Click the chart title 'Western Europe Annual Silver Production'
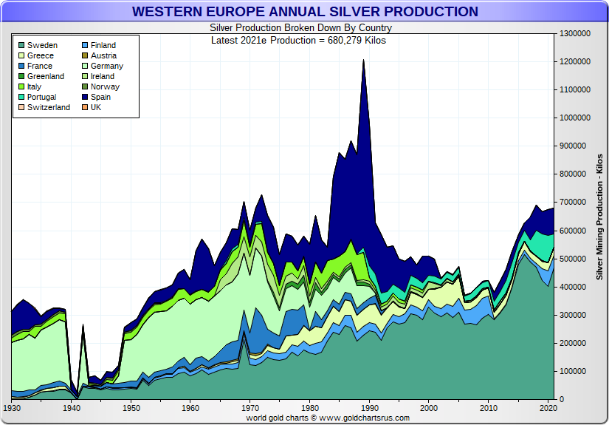[305, 12]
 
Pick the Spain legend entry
[101, 97]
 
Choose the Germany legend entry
[107, 66]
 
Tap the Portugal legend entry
[41, 97]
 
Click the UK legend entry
[96, 107]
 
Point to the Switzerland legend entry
[48, 107]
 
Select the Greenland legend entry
[45, 76]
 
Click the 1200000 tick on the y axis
[576, 61]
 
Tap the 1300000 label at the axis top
[576, 33]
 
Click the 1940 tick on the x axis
[72, 408]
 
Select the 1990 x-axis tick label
[370, 408]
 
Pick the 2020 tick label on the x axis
[548, 408]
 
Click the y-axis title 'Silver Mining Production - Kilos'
[599, 217]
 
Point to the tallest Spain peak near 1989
[363, 63]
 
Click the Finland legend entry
[103, 45]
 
